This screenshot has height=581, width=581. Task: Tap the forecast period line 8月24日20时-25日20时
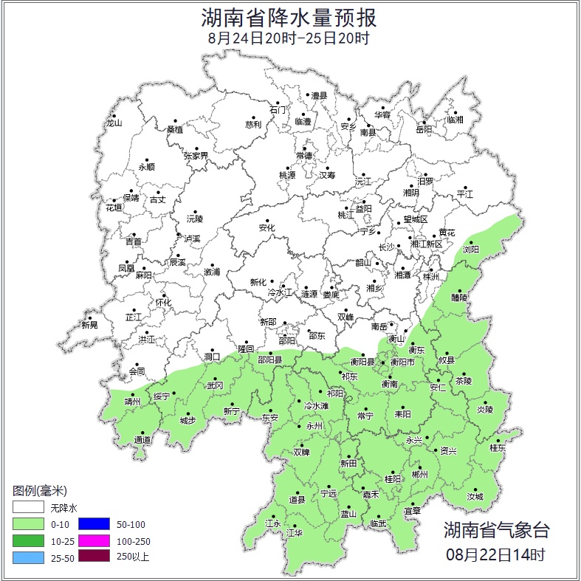289,37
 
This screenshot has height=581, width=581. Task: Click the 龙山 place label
113,123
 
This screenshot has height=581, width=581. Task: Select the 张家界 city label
196,156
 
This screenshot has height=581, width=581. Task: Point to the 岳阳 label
424,130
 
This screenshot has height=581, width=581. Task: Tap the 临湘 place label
455,120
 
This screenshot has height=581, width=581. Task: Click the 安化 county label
267,228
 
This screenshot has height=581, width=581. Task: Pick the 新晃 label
89,325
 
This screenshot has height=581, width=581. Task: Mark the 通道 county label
142,440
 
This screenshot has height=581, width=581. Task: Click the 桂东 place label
498,447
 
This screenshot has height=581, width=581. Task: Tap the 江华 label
295,532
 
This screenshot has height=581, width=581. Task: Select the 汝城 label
475,497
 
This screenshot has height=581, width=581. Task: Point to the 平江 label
465,193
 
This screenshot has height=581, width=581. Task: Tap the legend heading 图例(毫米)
40,491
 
